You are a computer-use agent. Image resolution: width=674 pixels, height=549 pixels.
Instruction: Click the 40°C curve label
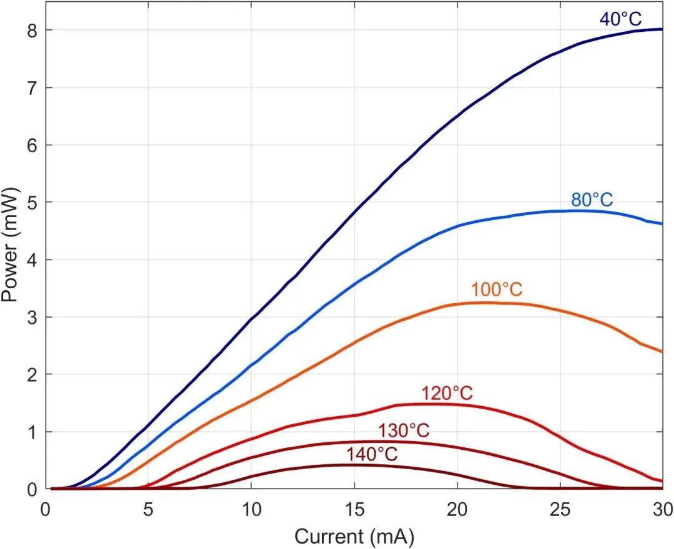620,19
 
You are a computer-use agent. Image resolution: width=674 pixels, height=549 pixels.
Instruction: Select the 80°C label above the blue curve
592,200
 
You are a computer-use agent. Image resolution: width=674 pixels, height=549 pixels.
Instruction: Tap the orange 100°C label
496,290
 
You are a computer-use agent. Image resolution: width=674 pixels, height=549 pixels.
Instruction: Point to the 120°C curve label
447,394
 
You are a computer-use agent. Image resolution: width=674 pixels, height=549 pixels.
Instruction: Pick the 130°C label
404,431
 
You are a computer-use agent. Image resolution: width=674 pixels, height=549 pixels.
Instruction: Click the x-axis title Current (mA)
354,535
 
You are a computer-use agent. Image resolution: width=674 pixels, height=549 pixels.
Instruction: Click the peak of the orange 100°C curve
484,303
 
